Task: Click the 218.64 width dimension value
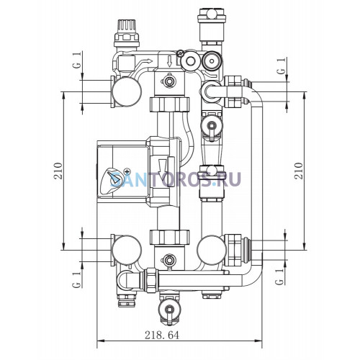tap(162, 335)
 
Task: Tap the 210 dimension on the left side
tap(58, 171)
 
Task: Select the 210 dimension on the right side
tap(299, 171)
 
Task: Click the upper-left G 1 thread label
tap(76, 61)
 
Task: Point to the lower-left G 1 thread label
tap(76, 280)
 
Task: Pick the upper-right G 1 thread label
tap(281, 66)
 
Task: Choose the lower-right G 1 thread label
tap(279, 276)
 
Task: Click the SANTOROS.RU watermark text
tap(176, 179)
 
